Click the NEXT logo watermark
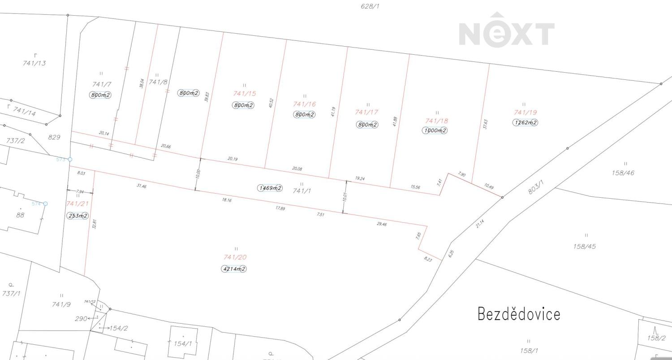tap(507, 31)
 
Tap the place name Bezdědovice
tap(519, 314)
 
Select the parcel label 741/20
tap(235, 257)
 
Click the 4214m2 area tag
tap(234, 269)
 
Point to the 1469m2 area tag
tap(270, 188)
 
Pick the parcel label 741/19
tap(526, 113)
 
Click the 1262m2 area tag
tap(525, 122)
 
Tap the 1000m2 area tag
tap(434, 130)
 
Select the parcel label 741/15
tap(244, 94)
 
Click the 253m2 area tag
tap(78, 216)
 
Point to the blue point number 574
tap(36, 204)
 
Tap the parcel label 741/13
tap(34, 63)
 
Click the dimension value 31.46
tap(141, 186)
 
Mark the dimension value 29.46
tap(382, 224)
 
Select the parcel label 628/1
tap(371, 6)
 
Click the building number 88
tap(20, 215)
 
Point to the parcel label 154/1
tap(183, 344)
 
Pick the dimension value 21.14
tap(480, 224)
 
